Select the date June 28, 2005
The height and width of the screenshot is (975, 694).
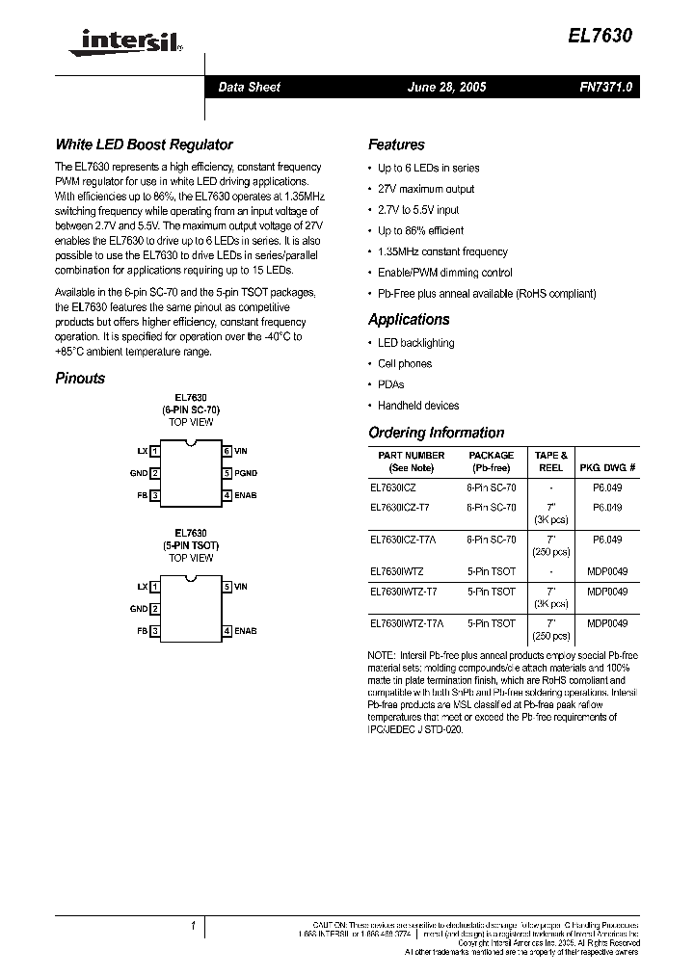(446, 87)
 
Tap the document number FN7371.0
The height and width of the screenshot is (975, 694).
(604, 87)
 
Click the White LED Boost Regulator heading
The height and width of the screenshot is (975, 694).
(144, 145)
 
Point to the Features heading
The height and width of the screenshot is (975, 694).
(396, 145)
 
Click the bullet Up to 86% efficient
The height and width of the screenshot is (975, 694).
(420, 231)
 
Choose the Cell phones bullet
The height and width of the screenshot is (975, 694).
(404, 364)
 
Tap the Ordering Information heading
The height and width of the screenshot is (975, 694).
(436, 433)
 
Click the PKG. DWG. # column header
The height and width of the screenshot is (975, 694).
(606, 467)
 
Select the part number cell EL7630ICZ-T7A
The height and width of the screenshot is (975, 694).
(402, 540)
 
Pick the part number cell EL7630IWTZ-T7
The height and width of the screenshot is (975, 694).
(403, 592)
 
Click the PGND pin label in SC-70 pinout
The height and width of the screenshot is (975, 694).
(246, 473)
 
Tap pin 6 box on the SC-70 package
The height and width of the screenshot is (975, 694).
(227, 451)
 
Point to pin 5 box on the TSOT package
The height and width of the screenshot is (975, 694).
(227, 586)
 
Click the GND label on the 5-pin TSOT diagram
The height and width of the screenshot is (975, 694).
(139, 609)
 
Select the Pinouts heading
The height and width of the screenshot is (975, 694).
(80, 379)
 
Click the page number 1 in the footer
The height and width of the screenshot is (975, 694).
(193, 926)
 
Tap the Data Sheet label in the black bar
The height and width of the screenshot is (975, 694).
(249, 87)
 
